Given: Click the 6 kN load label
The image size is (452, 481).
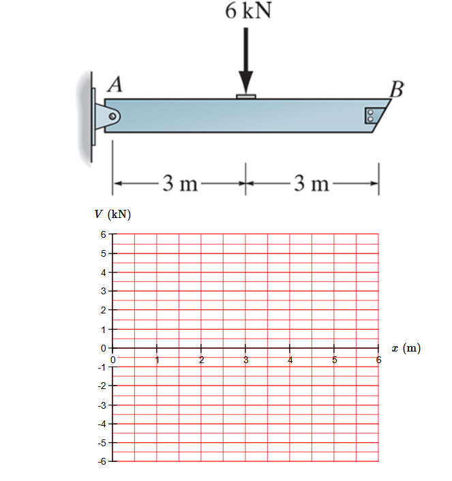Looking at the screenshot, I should (x=246, y=12).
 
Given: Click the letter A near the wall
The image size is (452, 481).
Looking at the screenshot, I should (x=115, y=84).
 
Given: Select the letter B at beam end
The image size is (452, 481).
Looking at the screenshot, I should (x=396, y=89).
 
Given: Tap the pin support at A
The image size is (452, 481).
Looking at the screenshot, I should (x=109, y=117).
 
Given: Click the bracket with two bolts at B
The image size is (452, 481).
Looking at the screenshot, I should (x=371, y=115).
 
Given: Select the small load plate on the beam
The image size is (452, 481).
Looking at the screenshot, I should (x=246, y=97).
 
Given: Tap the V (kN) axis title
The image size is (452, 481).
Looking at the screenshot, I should (x=112, y=215).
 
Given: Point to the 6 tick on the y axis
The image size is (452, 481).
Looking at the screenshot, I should (x=104, y=234).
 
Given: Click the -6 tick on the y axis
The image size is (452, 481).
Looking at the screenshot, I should (x=102, y=462).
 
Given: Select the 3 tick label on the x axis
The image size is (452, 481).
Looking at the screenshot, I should (x=246, y=359).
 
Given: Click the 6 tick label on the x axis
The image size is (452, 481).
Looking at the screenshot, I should (x=378, y=359).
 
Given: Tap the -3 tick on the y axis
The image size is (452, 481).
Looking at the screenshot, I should (x=102, y=405).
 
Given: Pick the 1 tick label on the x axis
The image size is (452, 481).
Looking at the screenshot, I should (x=157, y=359).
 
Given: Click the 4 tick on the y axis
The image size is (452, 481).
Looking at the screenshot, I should (x=104, y=273).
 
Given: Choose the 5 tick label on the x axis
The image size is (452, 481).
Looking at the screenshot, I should (x=335, y=359).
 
